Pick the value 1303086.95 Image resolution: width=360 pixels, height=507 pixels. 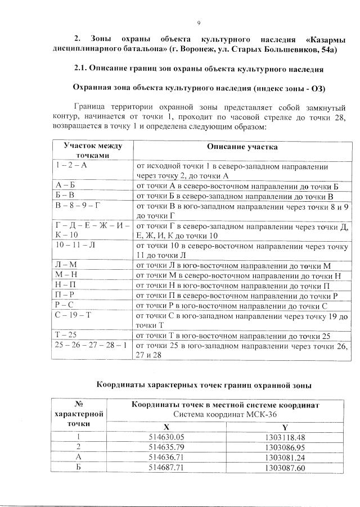(x=285, y=447)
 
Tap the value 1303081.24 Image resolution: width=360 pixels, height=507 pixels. (x=285, y=457)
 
